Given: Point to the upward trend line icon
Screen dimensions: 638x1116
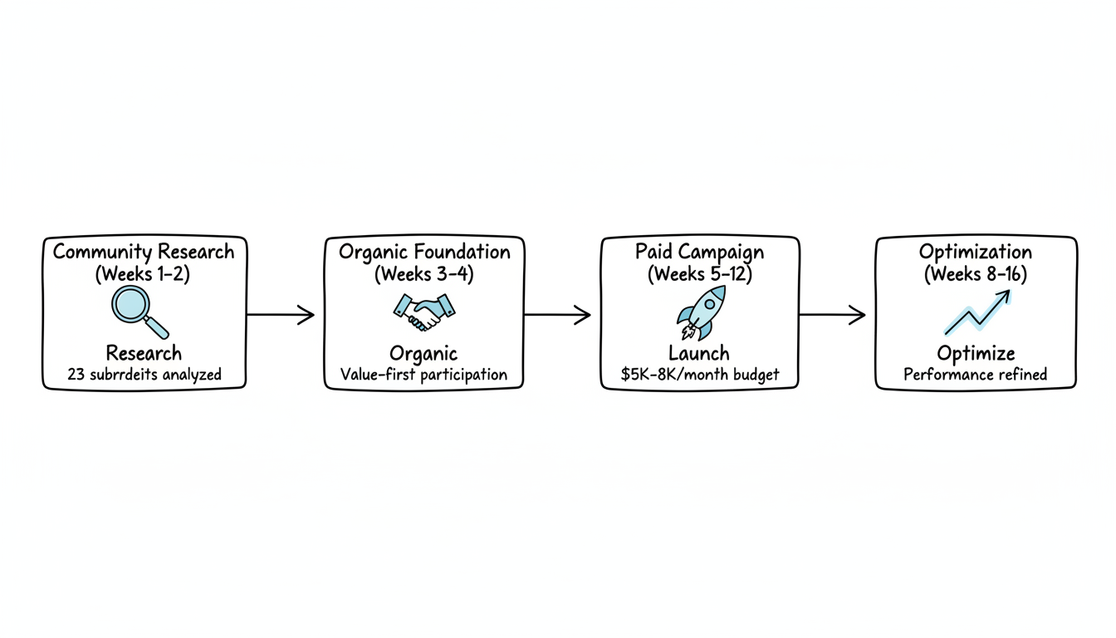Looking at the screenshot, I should tap(976, 313).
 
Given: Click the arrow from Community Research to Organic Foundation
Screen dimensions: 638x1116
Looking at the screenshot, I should tap(281, 315).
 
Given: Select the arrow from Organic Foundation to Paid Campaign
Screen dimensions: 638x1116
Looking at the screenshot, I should tap(557, 315).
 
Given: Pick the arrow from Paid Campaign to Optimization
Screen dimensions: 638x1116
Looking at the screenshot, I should tap(832, 315).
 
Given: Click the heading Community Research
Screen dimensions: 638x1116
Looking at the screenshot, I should tap(144, 252).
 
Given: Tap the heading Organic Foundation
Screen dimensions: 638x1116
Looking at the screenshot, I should tap(424, 252).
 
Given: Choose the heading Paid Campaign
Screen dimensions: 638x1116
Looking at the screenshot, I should tap(699, 252).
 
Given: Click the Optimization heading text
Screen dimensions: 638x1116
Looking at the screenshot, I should tap(976, 252).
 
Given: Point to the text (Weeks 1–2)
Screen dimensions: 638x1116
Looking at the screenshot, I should tap(144, 274).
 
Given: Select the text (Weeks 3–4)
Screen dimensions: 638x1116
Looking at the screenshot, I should tap(424, 274).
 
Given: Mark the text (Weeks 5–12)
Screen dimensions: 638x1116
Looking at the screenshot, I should tap(699, 274).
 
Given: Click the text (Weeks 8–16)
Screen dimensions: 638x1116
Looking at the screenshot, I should tap(976, 274).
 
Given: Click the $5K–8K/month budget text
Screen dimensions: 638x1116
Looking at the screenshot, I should tap(700, 375).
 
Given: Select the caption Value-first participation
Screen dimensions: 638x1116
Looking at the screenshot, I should tap(423, 375).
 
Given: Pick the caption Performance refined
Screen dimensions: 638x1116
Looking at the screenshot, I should tap(976, 375).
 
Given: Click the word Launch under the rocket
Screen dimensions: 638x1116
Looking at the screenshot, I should tap(699, 354).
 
